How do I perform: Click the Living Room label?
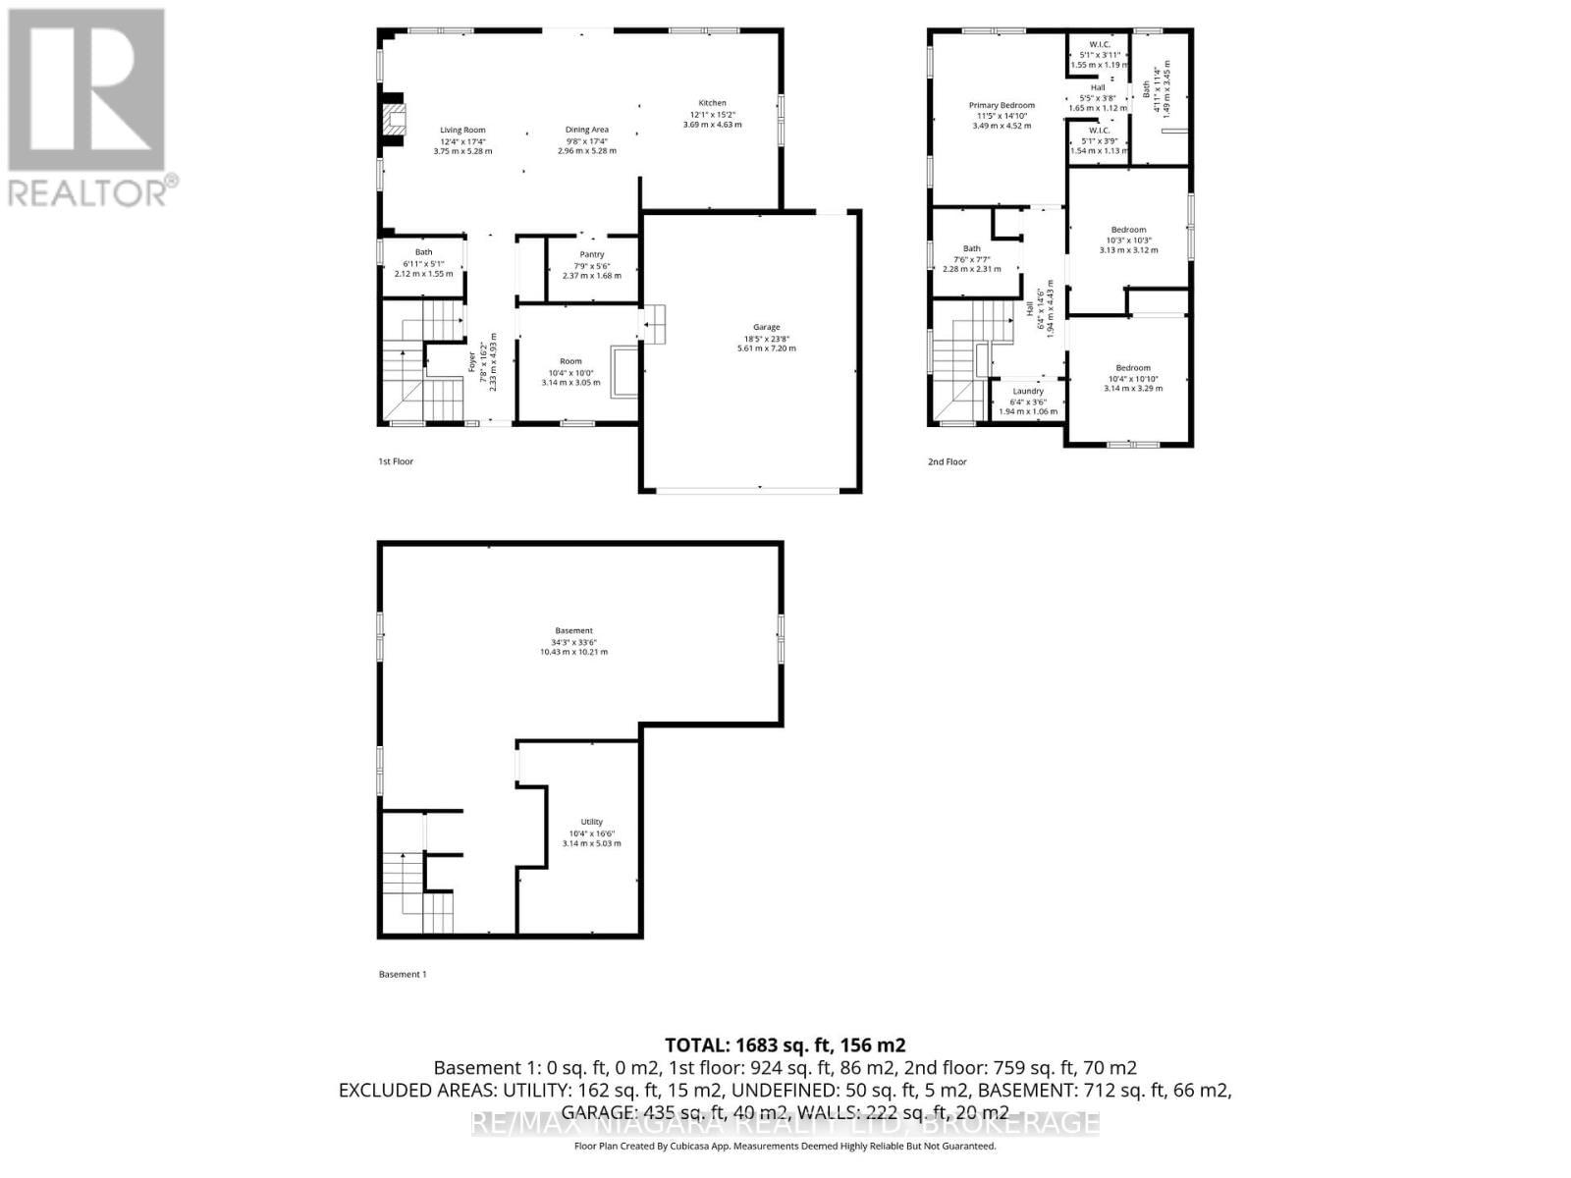point(462,130)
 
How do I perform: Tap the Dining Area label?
point(587,130)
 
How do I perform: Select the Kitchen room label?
point(712,103)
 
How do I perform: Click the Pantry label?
point(592,254)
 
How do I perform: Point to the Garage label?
point(767,327)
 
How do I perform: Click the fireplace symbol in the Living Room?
point(393,120)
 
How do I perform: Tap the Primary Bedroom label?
point(1002,105)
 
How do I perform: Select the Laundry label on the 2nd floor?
point(1028,391)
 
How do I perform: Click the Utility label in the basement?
point(591,822)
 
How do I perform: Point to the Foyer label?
point(472,362)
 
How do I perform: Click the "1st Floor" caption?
point(396,461)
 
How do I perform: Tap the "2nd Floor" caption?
point(948,461)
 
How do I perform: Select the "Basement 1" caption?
point(403,974)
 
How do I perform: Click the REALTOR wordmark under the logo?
point(88,192)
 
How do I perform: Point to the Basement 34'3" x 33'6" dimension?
point(573,642)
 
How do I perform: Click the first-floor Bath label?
point(423,252)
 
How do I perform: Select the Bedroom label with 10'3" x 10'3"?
point(1128,230)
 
